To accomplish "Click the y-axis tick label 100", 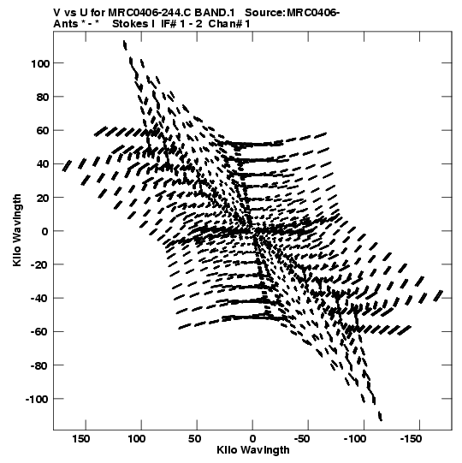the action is click(x=40, y=63).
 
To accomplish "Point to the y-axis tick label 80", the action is click(x=43, y=98).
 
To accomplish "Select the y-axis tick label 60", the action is click(x=43, y=131).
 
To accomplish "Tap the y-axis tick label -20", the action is click(x=39, y=264).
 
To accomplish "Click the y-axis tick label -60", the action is click(x=39, y=332).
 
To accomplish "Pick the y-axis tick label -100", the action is click(x=37, y=399).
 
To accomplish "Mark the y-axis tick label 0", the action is click(x=45, y=231).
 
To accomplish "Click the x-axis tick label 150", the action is click(x=81, y=439).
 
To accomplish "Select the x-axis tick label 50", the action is click(x=194, y=439).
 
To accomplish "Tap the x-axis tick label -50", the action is click(x=302, y=439).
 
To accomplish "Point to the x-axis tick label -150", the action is click(x=411, y=439).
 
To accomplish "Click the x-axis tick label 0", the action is click(x=252, y=439).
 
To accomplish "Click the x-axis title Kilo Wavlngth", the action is click(x=253, y=450).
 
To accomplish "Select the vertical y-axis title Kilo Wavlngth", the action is click(x=17, y=230).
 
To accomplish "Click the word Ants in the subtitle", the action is click(x=66, y=24).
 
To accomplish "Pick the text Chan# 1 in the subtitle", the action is click(x=229, y=24).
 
